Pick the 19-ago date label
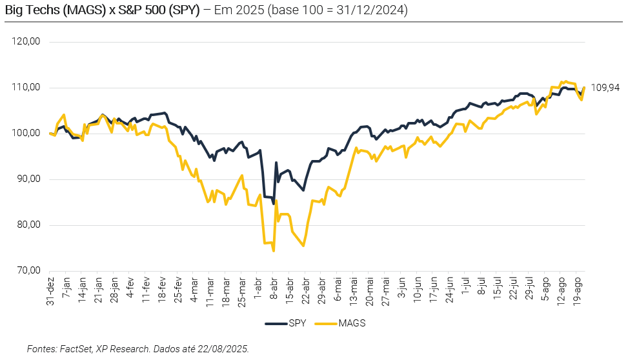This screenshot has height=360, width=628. [578, 291]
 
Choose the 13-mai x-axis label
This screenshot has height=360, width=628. [354, 291]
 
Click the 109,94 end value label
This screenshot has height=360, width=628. [605, 88]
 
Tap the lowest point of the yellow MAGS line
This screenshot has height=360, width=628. [274, 251]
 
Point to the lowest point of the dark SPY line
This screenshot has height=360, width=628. [274, 203]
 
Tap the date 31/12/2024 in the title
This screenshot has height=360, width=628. [372, 10]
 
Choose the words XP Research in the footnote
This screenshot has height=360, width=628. [122, 348]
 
